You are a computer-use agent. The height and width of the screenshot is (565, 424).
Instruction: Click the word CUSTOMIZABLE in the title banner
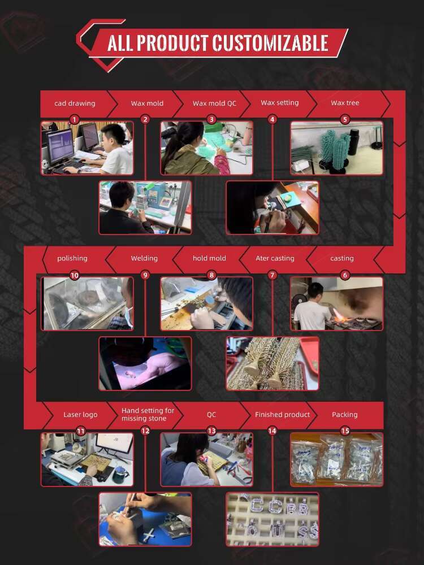click(x=270, y=44)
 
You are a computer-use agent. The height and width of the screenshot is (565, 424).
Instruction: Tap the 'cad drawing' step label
click(x=75, y=103)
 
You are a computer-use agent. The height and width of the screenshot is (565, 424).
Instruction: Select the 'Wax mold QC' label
click(x=214, y=103)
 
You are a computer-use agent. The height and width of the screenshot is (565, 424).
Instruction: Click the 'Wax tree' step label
click(x=345, y=103)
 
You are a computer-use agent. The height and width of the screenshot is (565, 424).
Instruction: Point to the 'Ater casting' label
click(x=275, y=258)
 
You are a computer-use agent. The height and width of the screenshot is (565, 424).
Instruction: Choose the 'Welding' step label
click(x=144, y=258)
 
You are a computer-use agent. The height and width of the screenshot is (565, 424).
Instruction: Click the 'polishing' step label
click(x=72, y=258)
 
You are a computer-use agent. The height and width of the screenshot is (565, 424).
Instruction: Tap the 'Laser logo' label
click(x=80, y=415)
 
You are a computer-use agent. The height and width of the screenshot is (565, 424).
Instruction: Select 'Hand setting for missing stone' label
click(x=148, y=414)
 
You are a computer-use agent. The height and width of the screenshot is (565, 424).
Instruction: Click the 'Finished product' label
click(x=282, y=415)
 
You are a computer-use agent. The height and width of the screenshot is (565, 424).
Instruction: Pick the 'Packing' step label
click(x=345, y=415)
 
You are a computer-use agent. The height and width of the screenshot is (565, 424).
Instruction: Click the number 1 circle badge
click(x=74, y=120)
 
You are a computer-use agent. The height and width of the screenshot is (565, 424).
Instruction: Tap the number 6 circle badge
click(x=345, y=275)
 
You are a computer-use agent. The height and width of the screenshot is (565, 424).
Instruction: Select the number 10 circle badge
click(x=74, y=275)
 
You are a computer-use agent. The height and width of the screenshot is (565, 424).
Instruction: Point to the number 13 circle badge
click(x=211, y=431)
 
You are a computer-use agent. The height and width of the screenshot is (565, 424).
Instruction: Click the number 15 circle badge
click(x=345, y=431)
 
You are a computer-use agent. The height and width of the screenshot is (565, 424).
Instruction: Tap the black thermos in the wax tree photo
click(x=354, y=142)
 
